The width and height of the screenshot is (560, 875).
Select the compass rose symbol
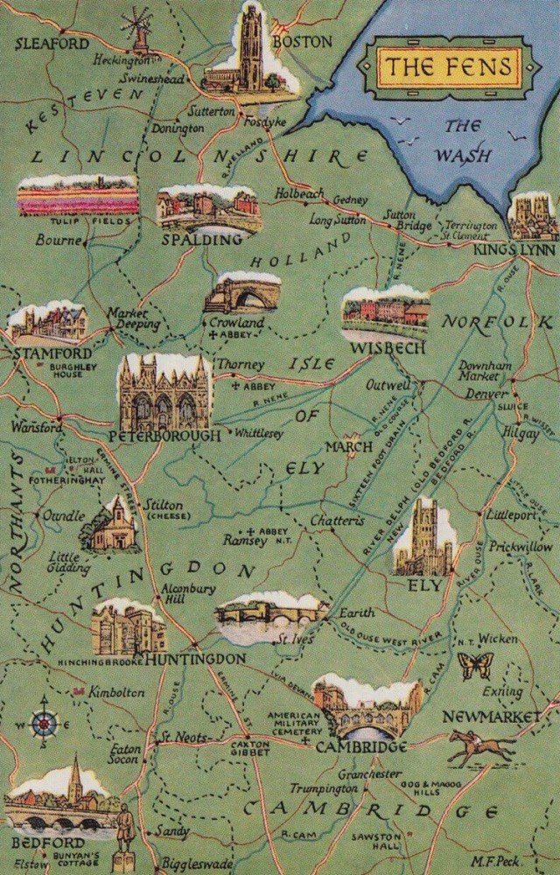45,723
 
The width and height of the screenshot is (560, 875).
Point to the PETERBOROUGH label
165,435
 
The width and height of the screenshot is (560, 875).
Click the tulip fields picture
77,197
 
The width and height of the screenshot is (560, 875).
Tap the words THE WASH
464,142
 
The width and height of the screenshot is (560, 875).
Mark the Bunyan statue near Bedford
124,836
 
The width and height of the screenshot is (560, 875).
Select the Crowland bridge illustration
242,293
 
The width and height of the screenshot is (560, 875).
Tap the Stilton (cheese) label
165,510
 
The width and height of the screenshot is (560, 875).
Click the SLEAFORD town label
52,43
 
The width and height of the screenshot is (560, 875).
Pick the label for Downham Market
479,370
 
